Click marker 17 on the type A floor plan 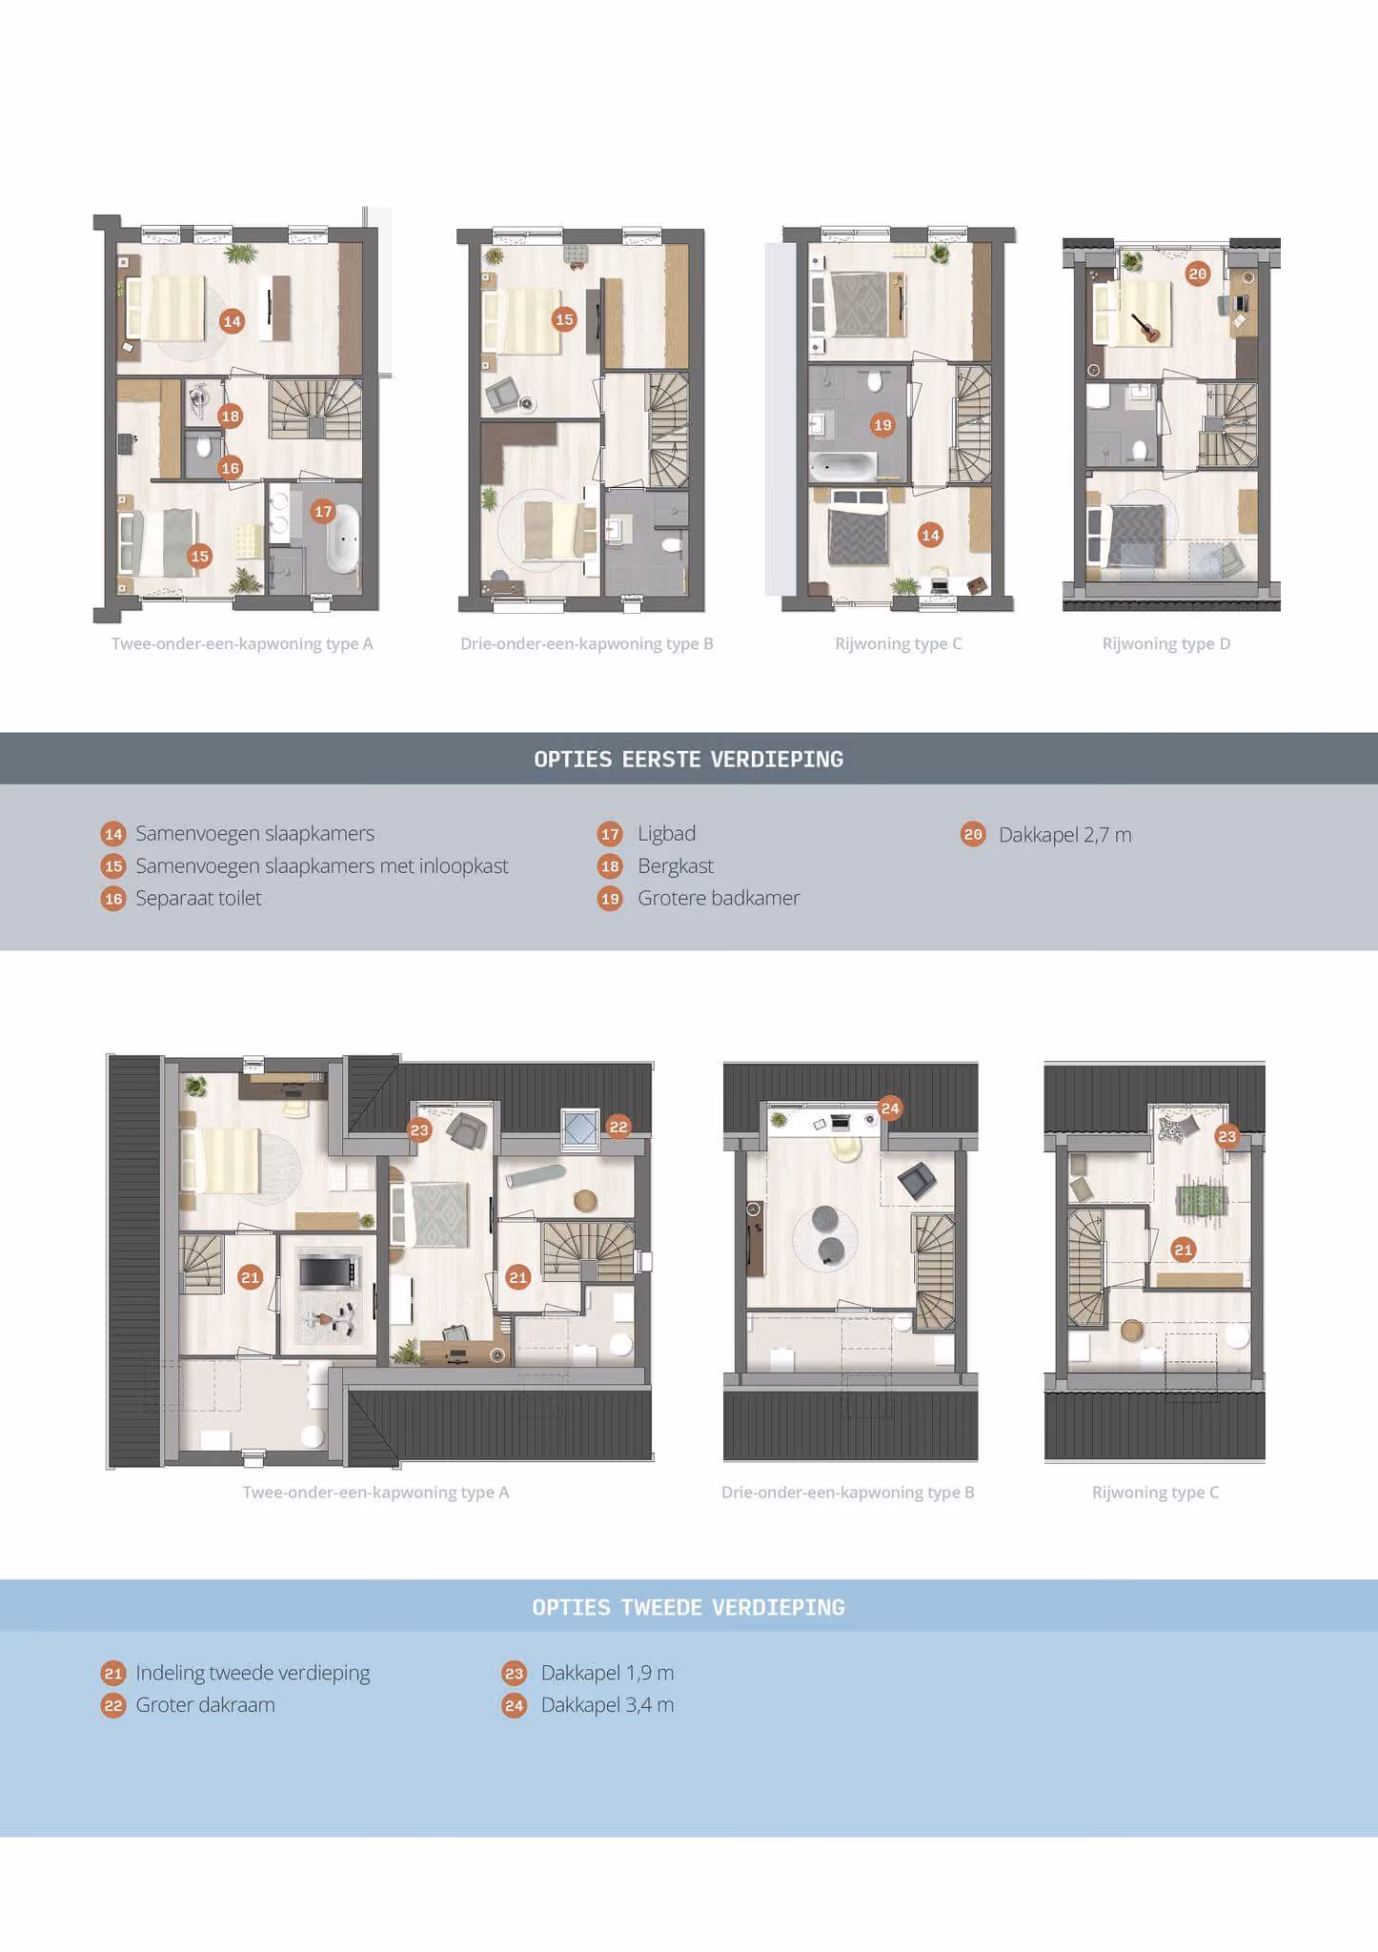click(x=324, y=512)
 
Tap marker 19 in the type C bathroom click(x=882, y=425)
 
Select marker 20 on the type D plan click(x=1197, y=274)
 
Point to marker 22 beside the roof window click(x=618, y=1127)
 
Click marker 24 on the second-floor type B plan click(x=890, y=1108)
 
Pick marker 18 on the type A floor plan click(x=231, y=416)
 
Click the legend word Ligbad click(x=667, y=834)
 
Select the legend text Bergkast click(x=676, y=866)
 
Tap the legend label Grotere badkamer click(x=719, y=898)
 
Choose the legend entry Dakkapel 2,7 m click(x=1065, y=835)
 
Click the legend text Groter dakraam click(x=205, y=1704)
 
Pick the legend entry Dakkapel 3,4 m click(x=607, y=1704)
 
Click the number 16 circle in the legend click(x=113, y=899)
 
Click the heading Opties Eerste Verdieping click(x=688, y=760)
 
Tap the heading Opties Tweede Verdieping click(x=688, y=1607)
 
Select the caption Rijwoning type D click(x=1166, y=644)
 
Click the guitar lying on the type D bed click(x=1145, y=327)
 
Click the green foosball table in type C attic click(x=1202, y=1198)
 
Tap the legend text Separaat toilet click(x=198, y=898)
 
